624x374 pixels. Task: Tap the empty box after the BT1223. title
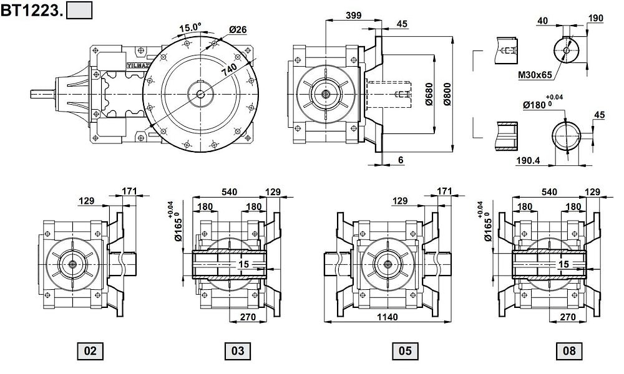(x=79, y=11)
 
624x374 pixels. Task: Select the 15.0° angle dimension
(x=190, y=27)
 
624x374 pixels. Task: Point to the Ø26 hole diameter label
(x=237, y=29)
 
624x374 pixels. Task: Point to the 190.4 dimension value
(x=528, y=160)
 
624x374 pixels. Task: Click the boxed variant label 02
(x=90, y=351)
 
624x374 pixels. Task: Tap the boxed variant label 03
(x=238, y=351)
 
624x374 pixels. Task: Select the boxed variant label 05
(x=404, y=351)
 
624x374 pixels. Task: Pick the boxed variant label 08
(x=569, y=351)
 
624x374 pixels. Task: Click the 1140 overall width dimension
(x=387, y=317)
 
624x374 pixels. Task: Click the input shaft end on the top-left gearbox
(x=39, y=94)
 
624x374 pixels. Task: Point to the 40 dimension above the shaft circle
(x=542, y=21)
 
